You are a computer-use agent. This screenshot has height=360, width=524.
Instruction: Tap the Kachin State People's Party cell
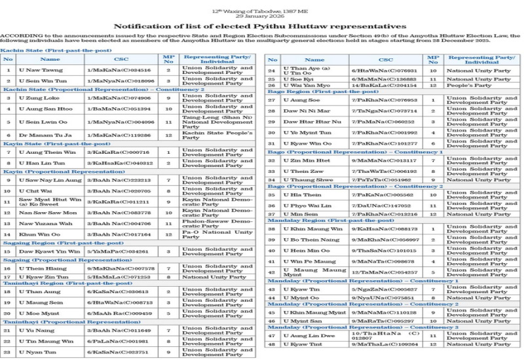(217, 135)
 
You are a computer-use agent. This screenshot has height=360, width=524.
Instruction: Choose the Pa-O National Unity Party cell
(217, 234)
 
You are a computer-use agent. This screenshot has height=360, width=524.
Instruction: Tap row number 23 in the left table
(8, 352)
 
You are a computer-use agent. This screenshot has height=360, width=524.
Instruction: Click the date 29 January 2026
(261, 16)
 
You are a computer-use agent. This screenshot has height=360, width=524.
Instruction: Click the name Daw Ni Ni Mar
(302, 111)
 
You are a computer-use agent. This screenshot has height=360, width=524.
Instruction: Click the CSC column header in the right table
(386, 60)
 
